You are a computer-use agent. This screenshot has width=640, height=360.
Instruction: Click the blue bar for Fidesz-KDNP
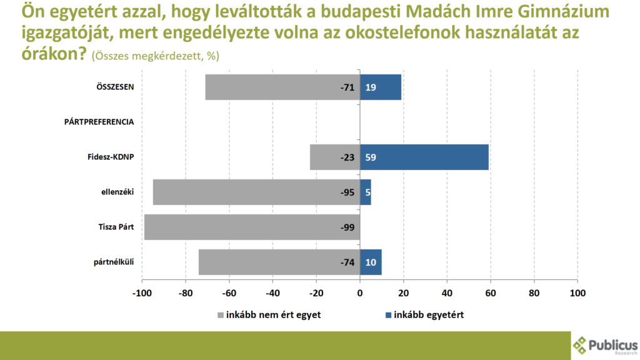tap(424, 157)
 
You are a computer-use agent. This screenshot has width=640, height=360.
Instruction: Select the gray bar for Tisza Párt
tap(252, 227)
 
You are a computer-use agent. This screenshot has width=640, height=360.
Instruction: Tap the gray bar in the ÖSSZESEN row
tap(282, 87)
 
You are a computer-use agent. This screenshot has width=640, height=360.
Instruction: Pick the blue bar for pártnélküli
tap(371, 262)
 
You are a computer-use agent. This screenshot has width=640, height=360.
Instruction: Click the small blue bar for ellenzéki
tap(366, 192)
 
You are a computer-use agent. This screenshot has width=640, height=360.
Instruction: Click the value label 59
tap(371, 157)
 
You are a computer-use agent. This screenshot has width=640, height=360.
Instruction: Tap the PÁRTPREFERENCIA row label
tap(99, 122)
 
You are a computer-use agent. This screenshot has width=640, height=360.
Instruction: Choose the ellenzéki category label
tap(117, 192)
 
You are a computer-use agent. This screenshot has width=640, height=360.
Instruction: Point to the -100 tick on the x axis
tap(142, 292)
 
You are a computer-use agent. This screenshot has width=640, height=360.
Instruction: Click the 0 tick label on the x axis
tap(360, 292)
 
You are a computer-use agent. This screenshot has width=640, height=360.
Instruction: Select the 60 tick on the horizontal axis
tap(491, 292)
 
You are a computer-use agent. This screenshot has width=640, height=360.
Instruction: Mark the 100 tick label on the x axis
tap(577, 292)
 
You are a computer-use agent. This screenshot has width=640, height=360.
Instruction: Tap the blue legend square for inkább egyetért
tap(389, 315)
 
